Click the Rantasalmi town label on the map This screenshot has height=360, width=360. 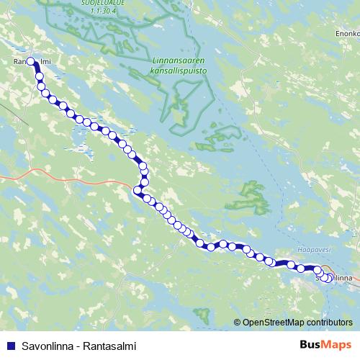click(x=29, y=63)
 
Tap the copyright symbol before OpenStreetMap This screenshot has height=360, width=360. click(x=238, y=323)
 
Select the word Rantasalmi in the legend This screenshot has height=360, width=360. click(x=109, y=345)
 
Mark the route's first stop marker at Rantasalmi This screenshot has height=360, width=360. click(x=30, y=61)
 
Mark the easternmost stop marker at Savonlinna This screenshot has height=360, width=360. click(x=330, y=279)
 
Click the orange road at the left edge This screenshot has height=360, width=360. click(x=11, y=175)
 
